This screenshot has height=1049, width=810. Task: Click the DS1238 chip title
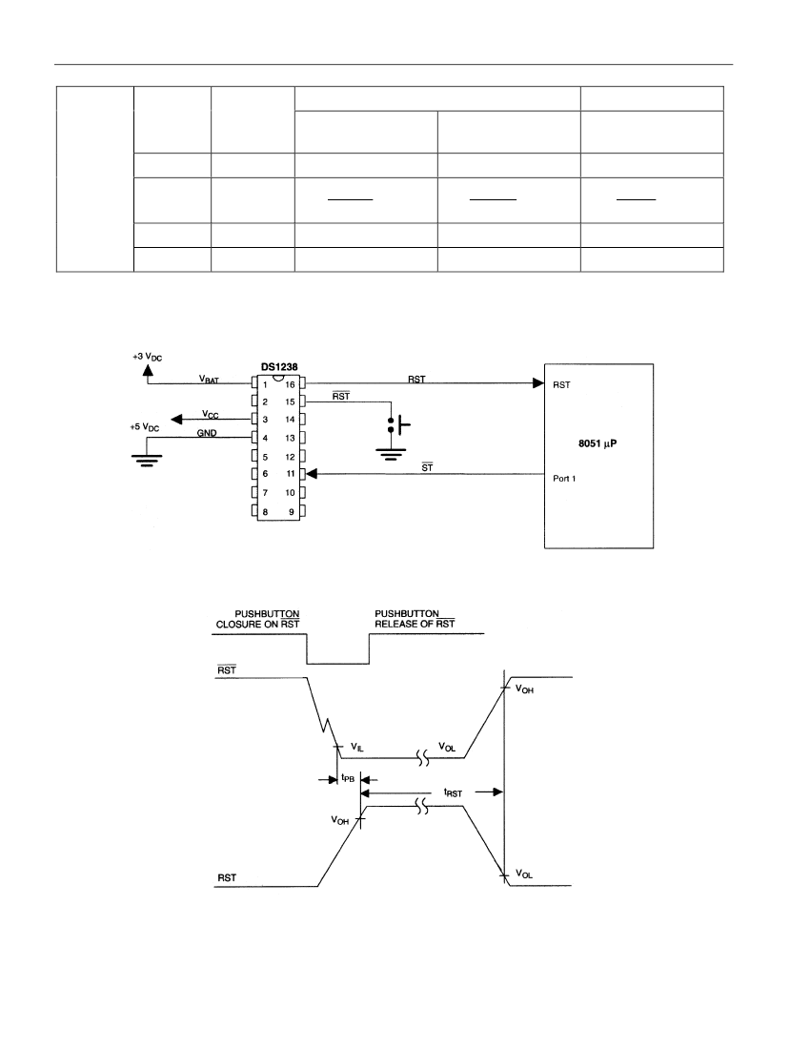pyautogui.click(x=279, y=367)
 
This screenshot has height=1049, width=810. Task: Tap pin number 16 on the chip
pyautogui.click(x=290, y=384)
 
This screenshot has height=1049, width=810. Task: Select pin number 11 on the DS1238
pyautogui.click(x=291, y=474)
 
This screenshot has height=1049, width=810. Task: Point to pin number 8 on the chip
pyautogui.click(x=265, y=512)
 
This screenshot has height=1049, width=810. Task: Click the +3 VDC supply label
pyautogui.click(x=147, y=358)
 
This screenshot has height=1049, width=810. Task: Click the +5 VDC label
pyautogui.click(x=144, y=427)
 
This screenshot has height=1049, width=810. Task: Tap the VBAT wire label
pyautogui.click(x=209, y=380)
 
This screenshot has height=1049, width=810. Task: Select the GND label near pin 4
pyautogui.click(x=207, y=433)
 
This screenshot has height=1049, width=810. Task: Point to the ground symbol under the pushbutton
pyautogui.click(x=391, y=454)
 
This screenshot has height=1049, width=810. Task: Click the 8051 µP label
pyautogui.click(x=597, y=443)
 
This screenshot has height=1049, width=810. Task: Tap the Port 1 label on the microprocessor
pyautogui.click(x=564, y=479)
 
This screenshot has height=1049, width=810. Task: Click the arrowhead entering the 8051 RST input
pyautogui.click(x=538, y=383)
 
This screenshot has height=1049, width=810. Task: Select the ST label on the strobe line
pyautogui.click(x=427, y=467)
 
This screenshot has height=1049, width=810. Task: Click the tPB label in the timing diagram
pyautogui.click(x=348, y=778)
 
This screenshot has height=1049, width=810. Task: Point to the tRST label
pyautogui.click(x=453, y=792)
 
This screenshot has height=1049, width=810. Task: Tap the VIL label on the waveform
pyautogui.click(x=357, y=747)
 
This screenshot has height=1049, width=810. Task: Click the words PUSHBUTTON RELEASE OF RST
pyautogui.click(x=415, y=619)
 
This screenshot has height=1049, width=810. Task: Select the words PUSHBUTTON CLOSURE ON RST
pyautogui.click(x=257, y=619)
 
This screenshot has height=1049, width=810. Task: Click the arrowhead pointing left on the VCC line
pyautogui.click(x=176, y=419)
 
